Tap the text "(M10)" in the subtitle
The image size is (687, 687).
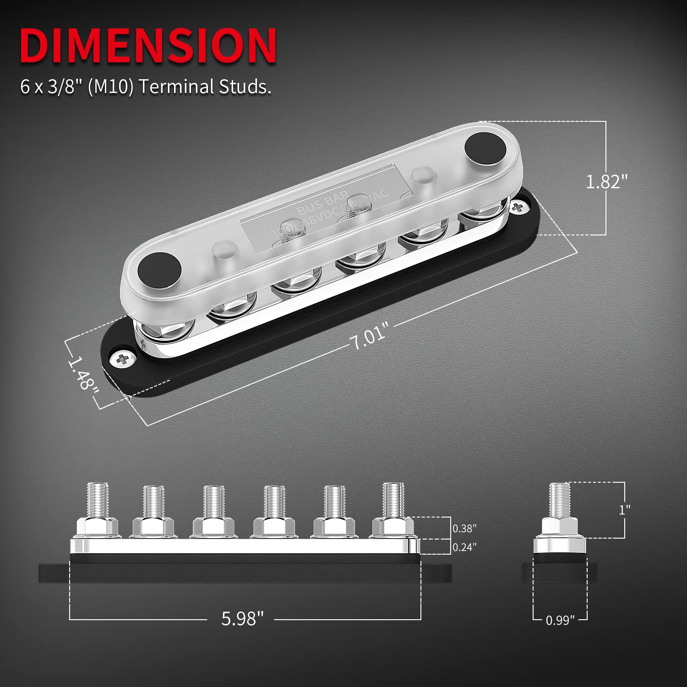tap(110, 87)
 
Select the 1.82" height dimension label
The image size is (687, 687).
tap(605, 182)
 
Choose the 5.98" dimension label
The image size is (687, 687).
tap(242, 619)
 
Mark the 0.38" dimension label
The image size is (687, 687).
tap(464, 528)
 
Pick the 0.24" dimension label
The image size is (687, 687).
tap(464, 547)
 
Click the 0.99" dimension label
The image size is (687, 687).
tap(560, 621)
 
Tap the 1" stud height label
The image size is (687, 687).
tap(624, 510)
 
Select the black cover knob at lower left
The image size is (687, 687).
tap(160, 270)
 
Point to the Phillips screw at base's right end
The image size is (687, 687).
tap(518, 207)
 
